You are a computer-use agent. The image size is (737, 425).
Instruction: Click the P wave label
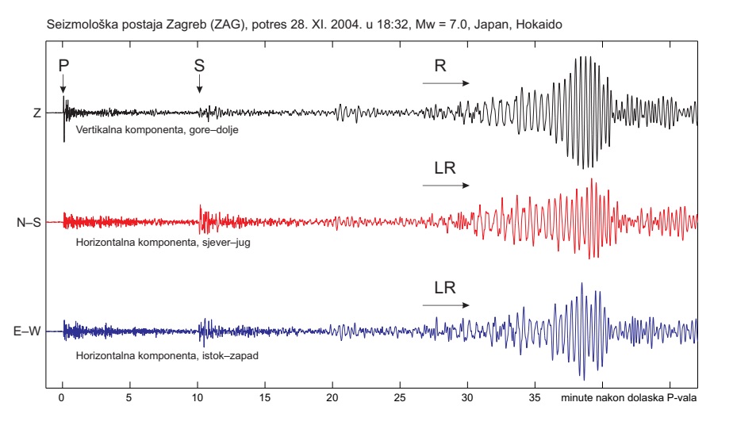point(63,66)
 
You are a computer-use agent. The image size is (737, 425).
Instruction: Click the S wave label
point(199,66)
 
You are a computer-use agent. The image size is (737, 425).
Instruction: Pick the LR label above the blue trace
point(444,287)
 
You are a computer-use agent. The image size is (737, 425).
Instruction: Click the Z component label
point(36,113)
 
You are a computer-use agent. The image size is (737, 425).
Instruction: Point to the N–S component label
point(29,223)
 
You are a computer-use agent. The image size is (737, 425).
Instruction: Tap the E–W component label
point(28,331)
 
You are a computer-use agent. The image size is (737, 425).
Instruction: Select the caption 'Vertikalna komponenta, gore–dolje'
point(156,128)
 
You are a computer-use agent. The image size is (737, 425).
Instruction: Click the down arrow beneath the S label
point(199,84)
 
